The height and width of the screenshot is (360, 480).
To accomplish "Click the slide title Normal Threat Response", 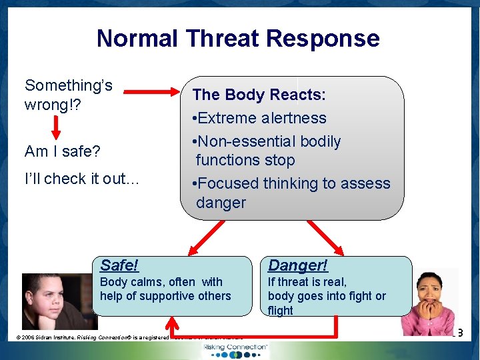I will coord(238,38).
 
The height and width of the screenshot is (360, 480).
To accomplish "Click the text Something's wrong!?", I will coord(68,95).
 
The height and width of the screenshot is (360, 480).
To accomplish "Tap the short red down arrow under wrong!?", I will coord(57,127).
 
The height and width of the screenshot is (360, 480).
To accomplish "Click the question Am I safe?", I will coord(62,151).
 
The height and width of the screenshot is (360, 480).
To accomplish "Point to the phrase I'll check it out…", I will coord(82,179).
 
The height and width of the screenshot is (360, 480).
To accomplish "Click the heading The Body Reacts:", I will coord(259,95).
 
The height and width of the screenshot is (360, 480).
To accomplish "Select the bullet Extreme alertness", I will coord(259,118).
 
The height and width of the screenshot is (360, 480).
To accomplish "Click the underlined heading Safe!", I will coord(119,265).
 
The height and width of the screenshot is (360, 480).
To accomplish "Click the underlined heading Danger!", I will coord(297,265).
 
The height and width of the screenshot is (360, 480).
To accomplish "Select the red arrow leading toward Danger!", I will coord(325,237).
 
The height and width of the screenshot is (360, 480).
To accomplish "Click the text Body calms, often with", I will coord(161,282).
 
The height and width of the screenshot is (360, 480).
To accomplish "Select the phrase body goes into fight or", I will coord(327,296).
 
